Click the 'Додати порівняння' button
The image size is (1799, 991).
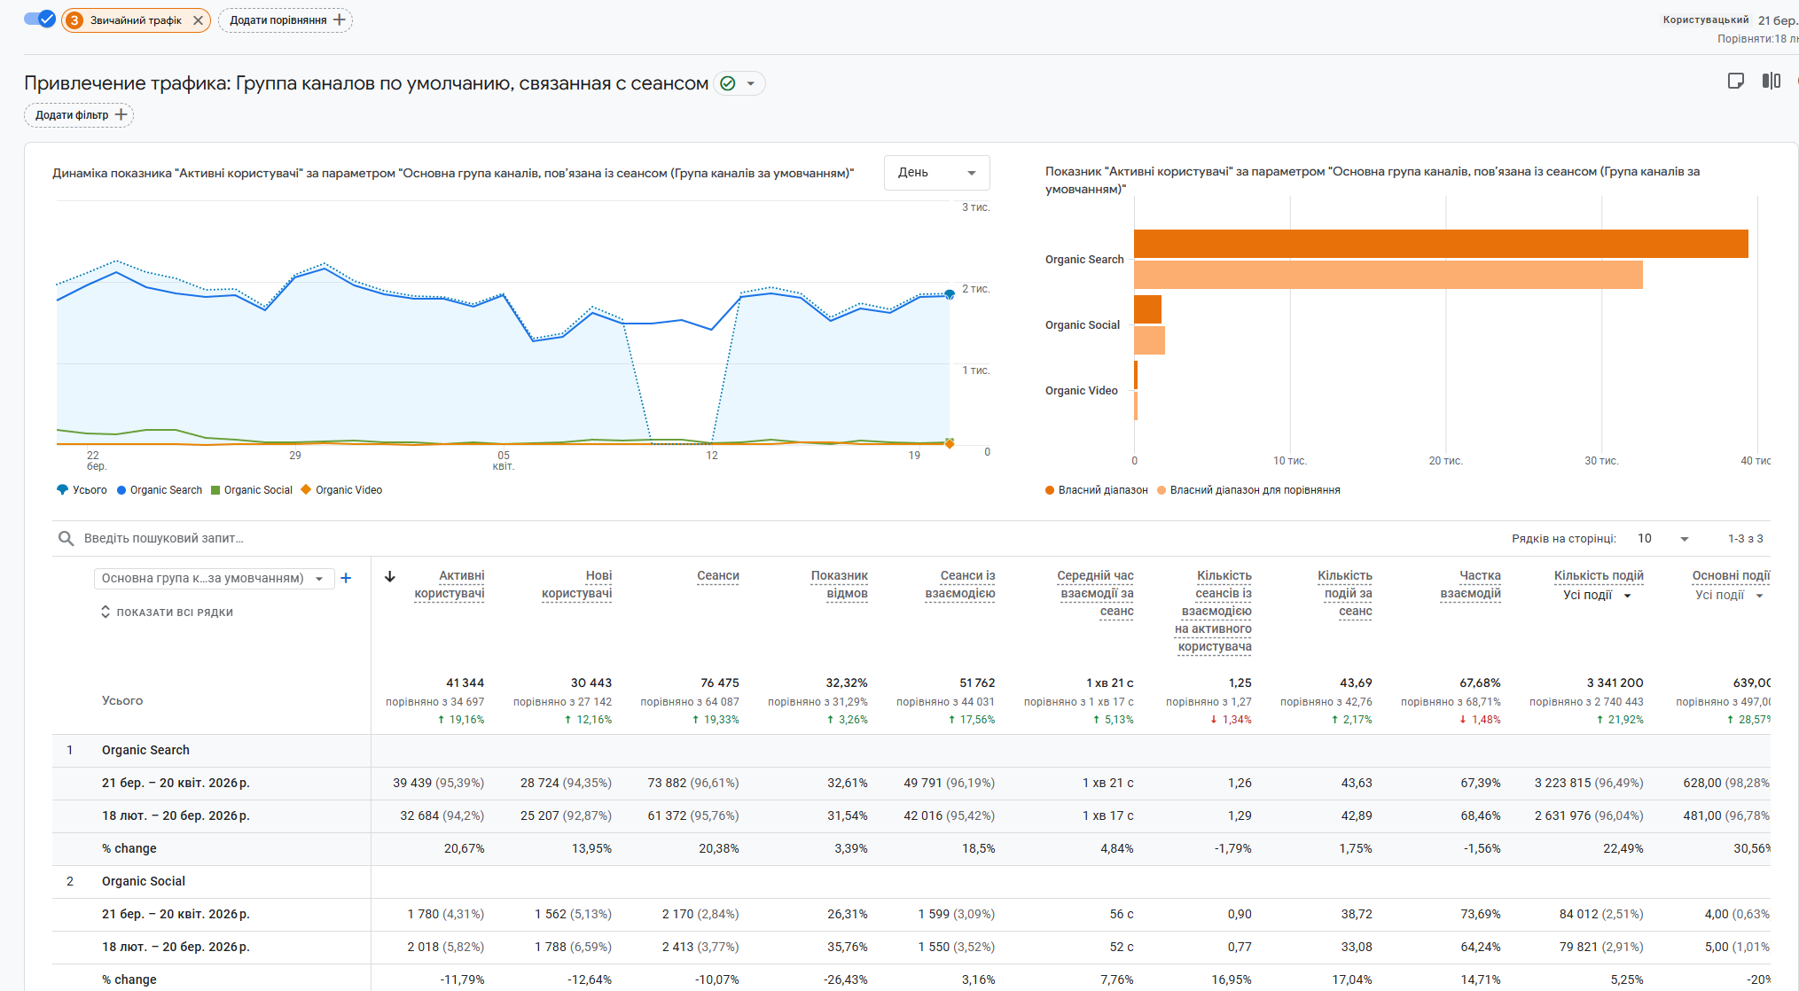coord(285,20)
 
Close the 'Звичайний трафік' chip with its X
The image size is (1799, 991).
coord(198,20)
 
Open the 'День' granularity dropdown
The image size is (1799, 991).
coord(936,173)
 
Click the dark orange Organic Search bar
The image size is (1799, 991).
coord(1440,244)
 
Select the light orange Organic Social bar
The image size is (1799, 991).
coord(1149,340)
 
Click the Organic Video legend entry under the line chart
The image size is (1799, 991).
coord(342,490)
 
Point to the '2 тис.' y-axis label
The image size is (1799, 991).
coord(975,289)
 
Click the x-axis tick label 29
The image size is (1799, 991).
coord(295,456)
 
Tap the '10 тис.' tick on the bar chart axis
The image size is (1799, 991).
coord(1289,461)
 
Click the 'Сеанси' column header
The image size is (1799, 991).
coord(717,576)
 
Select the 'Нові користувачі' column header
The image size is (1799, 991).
coord(577,585)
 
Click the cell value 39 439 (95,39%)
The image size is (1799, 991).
coord(438,783)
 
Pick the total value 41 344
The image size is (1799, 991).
coord(465,683)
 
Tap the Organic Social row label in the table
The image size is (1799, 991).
coord(144,881)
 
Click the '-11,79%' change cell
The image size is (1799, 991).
coord(462,979)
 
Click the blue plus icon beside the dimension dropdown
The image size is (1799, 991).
coord(346,578)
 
